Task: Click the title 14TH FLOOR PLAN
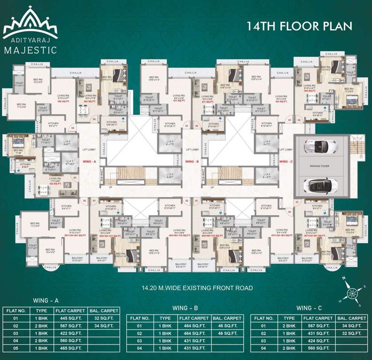(x=299, y=25)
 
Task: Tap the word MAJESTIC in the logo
(x=30, y=49)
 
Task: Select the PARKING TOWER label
(x=320, y=165)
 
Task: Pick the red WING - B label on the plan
(x=192, y=161)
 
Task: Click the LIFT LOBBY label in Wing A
(x=89, y=150)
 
